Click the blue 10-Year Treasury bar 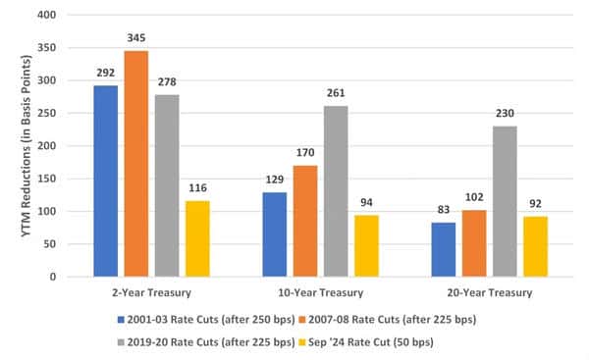274,234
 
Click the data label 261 334,95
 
